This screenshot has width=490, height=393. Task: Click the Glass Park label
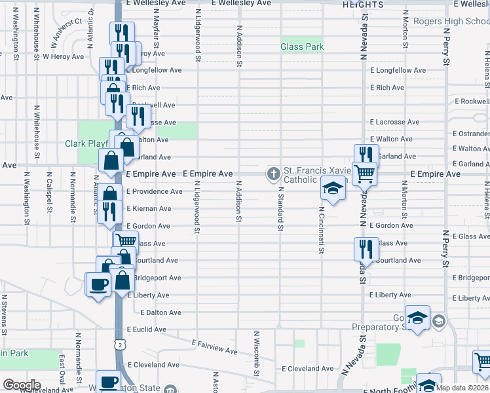[302, 47]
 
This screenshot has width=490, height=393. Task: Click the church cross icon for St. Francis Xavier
[273, 174]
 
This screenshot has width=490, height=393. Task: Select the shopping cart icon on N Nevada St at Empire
[364, 174]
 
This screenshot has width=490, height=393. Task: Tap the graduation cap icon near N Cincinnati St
[333, 189]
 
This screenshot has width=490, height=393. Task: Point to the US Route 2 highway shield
[119, 344]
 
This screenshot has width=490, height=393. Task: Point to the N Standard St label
[280, 209]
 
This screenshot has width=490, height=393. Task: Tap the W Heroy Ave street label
[63, 56]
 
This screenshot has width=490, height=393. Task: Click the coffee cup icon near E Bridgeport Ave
[99, 285]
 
